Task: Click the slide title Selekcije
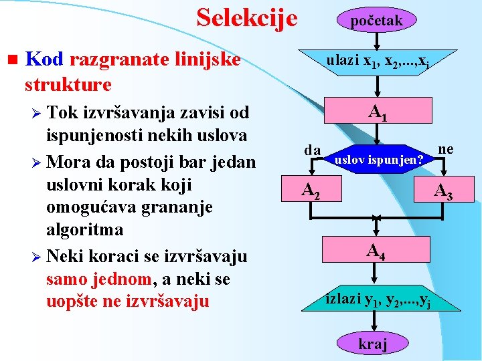(x=247, y=18)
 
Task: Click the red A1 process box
(x=378, y=114)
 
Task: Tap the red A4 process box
(x=375, y=251)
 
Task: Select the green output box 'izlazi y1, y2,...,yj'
(x=378, y=298)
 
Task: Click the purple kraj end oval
(x=373, y=344)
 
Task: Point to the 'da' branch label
(x=313, y=150)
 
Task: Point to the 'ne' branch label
(x=445, y=149)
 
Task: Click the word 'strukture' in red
(x=68, y=85)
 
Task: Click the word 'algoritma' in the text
(x=84, y=229)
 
